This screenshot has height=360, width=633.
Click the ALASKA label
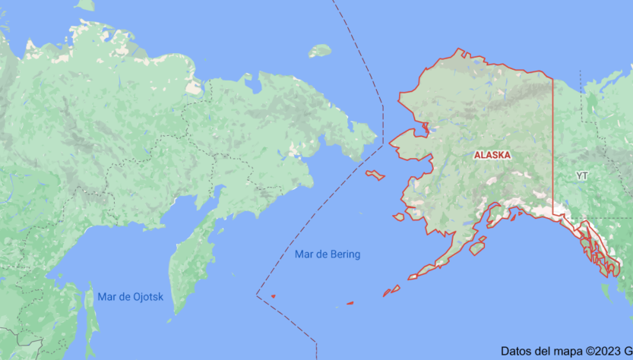tap(492, 155)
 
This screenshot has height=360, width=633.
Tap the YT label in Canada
tap(582, 175)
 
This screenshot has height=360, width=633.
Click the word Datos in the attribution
tap(516, 351)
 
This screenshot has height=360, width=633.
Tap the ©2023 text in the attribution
tap(600, 351)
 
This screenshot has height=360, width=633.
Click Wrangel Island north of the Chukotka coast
tap(320, 51)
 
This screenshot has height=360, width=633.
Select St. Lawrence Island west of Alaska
tap(375, 175)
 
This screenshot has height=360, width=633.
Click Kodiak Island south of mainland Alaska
tap(477, 248)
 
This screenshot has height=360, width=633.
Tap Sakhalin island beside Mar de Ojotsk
tap(92, 319)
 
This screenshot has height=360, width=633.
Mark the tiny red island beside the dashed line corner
tap(273, 295)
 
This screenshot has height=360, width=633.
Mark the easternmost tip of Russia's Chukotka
tap(375, 137)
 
